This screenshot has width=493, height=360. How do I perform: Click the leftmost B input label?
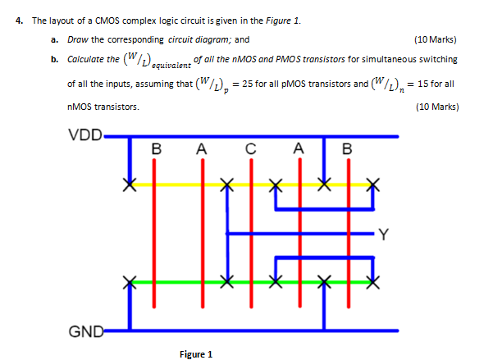157,149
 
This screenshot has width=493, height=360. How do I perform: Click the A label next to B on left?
200,149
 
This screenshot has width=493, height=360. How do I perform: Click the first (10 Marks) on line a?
436,39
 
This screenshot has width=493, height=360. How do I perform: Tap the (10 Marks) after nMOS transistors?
436,107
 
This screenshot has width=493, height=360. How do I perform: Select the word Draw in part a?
76,39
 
